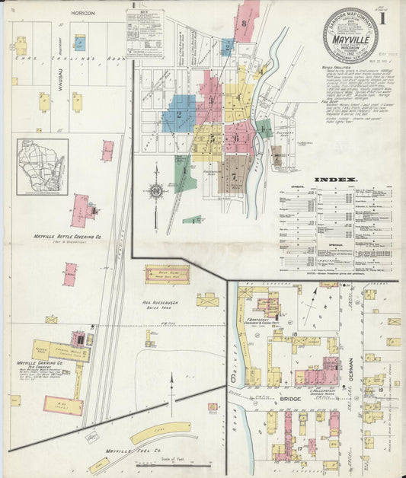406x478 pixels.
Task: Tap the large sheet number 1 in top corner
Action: click(x=389, y=17)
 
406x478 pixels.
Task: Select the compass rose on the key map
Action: click(x=157, y=191)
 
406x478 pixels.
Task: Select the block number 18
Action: click(x=293, y=333)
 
